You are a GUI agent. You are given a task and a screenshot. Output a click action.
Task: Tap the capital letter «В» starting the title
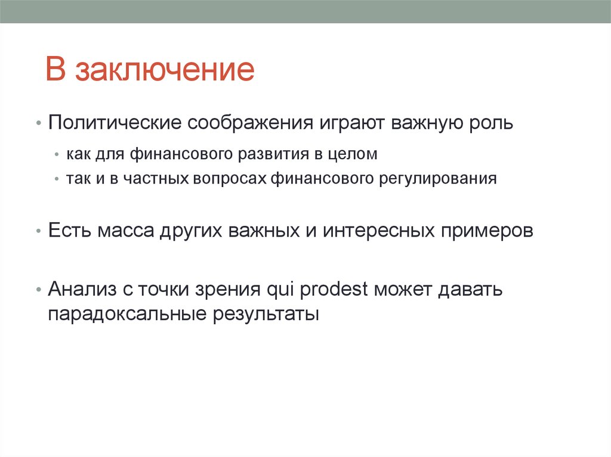pyautogui.click(x=55, y=70)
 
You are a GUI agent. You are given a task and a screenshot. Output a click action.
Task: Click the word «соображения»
pyautogui.click(x=251, y=124)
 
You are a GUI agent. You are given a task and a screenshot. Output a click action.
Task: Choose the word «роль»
pyautogui.click(x=489, y=123)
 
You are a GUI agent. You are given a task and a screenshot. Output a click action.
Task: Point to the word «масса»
pyautogui.click(x=126, y=231)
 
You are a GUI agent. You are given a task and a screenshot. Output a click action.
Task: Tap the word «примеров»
pyautogui.click(x=487, y=231)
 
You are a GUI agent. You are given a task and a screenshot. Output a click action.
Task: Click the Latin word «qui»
pyautogui.click(x=280, y=290)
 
